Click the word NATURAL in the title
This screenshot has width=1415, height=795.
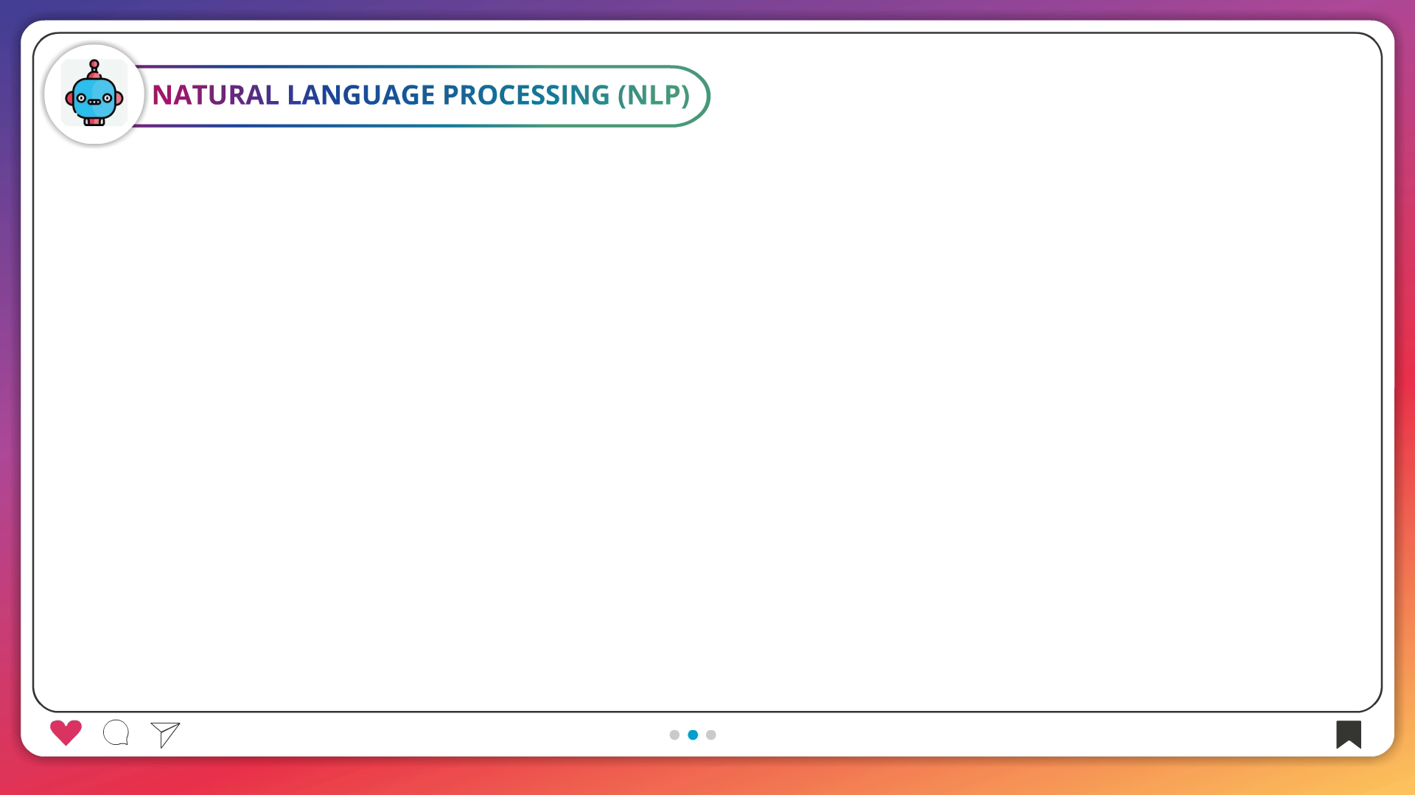pyautogui.click(x=215, y=95)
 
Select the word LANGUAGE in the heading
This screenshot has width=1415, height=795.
pyautogui.click(x=361, y=95)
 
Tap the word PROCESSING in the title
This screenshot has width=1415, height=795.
pyautogui.click(x=526, y=95)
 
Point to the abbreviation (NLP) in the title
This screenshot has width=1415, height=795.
pyautogui.click(x=654, y=95)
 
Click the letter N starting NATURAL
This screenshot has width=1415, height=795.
pyautogui.click(x=162, y=95)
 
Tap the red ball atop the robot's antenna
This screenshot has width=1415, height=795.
pyautogui.click(x=94, y=65)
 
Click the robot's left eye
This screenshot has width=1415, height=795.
pyautogui.click(x=81, y=98)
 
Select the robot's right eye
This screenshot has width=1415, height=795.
pyautogui.click(x=108, y=98)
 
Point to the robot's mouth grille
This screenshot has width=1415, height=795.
pyautogui.click(x=94, y=102)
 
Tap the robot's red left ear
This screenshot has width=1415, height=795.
pyautogui.click(x=69, y=97)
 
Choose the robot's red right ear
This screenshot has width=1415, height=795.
pyautogui.click(x=119, y=97)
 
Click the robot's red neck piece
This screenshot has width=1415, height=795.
pyautogui.click(x=94, y=122)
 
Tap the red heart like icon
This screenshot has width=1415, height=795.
pyautogui.click(x=66, y=732)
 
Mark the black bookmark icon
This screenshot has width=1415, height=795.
pyautogui.click(x=1349, y=734)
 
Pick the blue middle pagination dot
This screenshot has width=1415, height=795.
pyautogui.click(x=693, y=735)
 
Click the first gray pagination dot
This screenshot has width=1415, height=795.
pyautogui.click(x=674, y=735)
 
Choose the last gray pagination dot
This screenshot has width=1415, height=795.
pyautogui.click(x=711, y=735)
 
